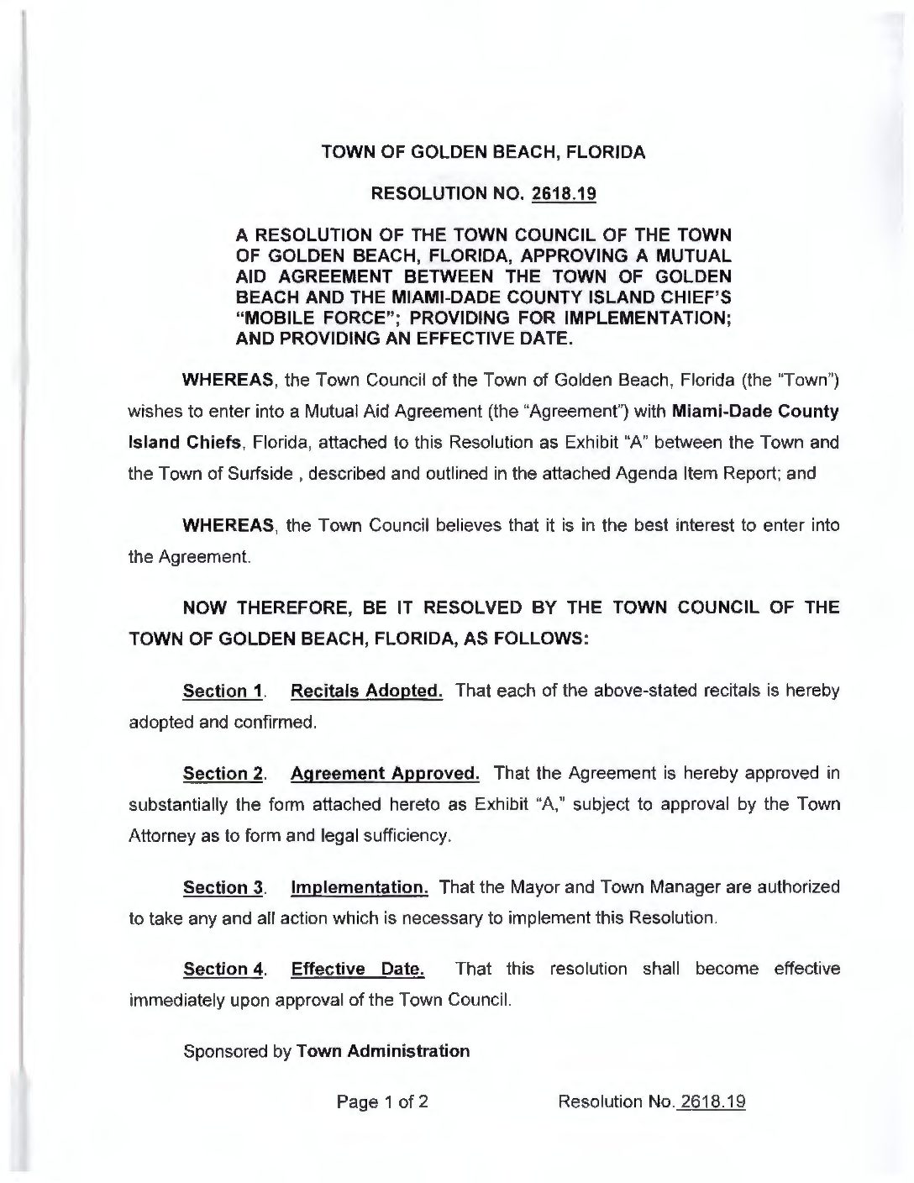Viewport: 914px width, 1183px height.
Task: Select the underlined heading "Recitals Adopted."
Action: click(366, 691)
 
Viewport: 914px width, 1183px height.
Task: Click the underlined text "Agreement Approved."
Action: click(386, 772)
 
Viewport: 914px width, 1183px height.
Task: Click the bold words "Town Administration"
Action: click(383, 1050)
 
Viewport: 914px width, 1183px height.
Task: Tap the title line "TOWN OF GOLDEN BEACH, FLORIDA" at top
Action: click(484, 153)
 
